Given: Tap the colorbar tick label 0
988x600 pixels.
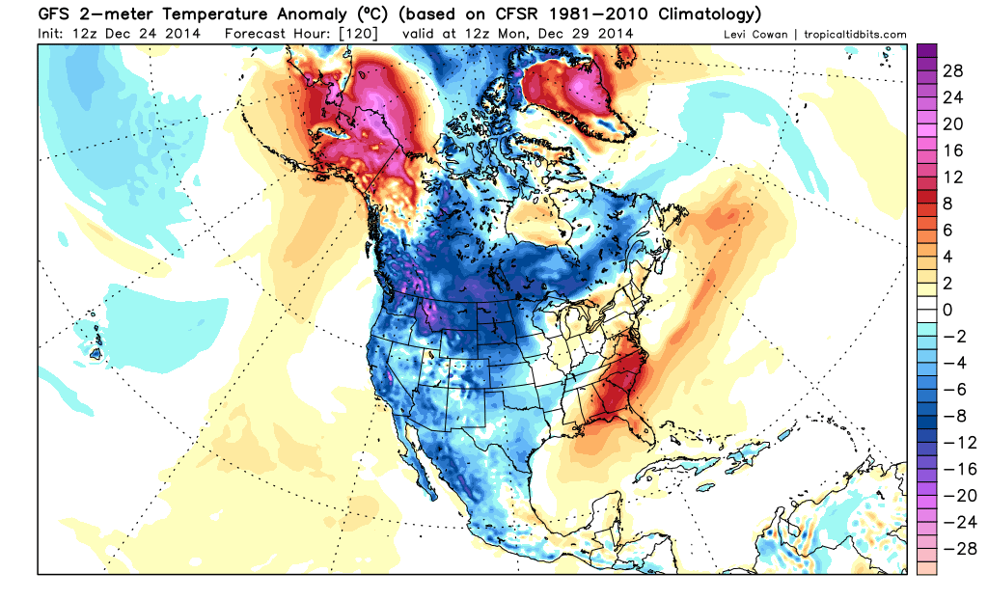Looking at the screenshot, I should [x=947, y=310].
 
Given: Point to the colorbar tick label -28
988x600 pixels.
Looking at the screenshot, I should [x=952, y=546].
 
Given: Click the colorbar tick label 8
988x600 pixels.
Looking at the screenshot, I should [x=947, y=205].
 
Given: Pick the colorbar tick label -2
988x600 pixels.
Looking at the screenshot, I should [x=952, y=336].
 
